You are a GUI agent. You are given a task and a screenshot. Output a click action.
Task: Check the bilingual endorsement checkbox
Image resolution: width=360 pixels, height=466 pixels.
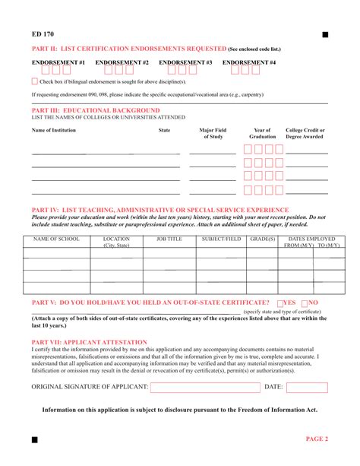(35, 81)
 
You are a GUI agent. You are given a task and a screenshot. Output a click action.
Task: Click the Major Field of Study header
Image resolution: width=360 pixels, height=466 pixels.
(213, 134)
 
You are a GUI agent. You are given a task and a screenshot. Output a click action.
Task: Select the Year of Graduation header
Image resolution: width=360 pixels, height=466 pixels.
(263, 134)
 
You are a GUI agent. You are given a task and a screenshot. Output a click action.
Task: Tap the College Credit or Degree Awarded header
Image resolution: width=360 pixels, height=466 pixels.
(305, 134)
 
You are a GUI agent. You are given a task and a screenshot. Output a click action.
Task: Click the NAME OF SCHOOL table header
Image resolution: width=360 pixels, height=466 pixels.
(57, 239)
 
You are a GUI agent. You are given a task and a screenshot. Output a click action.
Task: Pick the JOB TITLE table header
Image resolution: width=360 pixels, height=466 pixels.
(169, 239)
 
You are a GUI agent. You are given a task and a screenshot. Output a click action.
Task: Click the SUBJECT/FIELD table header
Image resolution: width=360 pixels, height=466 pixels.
(221, 239)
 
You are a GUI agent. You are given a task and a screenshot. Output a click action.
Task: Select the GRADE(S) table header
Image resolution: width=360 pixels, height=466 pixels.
(263, 239)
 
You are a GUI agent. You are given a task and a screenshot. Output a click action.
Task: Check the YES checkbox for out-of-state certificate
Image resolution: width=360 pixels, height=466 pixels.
(281, 303)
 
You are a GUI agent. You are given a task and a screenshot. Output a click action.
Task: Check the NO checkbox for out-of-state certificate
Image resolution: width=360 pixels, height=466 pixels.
(305, 303)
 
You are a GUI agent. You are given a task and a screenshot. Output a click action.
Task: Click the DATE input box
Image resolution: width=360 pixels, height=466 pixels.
(307, 387)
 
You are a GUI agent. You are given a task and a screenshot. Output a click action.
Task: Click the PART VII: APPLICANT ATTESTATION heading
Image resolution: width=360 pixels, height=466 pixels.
(89, 342)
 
